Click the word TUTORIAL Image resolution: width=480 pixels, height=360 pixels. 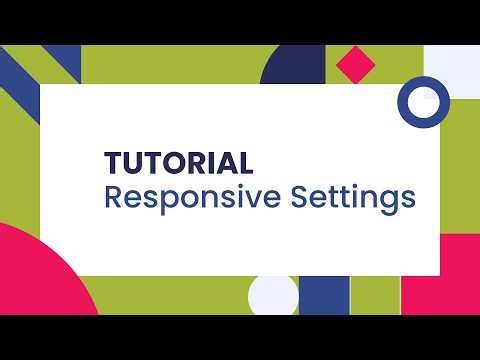coord(179,162)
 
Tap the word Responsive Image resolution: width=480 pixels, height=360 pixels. coord(191,198)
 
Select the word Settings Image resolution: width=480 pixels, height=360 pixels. coord(352,198)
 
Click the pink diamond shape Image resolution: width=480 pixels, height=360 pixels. coord(355,65)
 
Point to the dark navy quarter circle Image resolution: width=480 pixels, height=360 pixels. coord(289,69)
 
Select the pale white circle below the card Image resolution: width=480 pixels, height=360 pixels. coord(274,296)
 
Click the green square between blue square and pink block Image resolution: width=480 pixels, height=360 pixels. coord(375,296)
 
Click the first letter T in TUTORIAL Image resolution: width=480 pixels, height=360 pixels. coord(114,162)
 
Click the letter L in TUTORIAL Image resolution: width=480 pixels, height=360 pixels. coord(245,162)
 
